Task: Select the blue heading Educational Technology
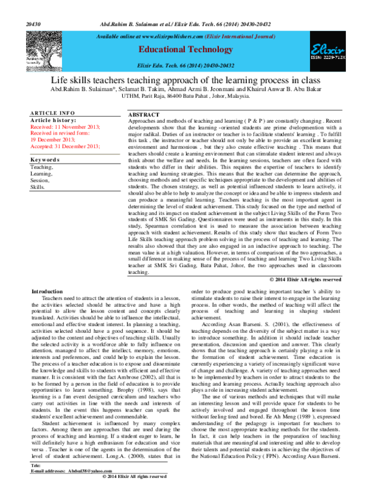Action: (x=185, y=49)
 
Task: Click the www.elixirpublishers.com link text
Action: (x=164, y=37)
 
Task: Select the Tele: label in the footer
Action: (x=35, y=464)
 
